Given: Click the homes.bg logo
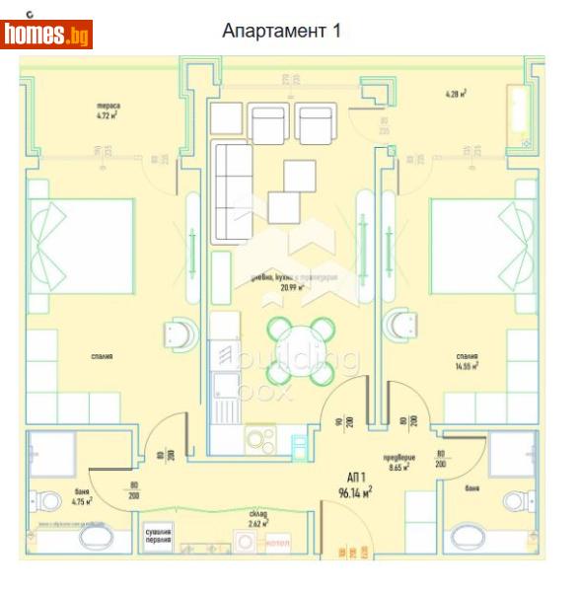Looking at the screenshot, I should point(46,34).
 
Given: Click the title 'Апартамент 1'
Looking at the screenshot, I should point(281,31).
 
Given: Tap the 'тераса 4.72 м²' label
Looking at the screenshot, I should point(109,110).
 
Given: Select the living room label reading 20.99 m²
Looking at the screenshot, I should point(290,283).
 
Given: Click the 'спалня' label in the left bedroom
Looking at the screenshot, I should point(99,356).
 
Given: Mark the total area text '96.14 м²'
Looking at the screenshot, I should point(355,492).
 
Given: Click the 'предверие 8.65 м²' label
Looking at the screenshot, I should point(400,463).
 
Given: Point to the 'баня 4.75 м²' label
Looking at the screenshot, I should point(83,496).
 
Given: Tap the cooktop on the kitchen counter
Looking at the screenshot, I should point(260,438).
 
